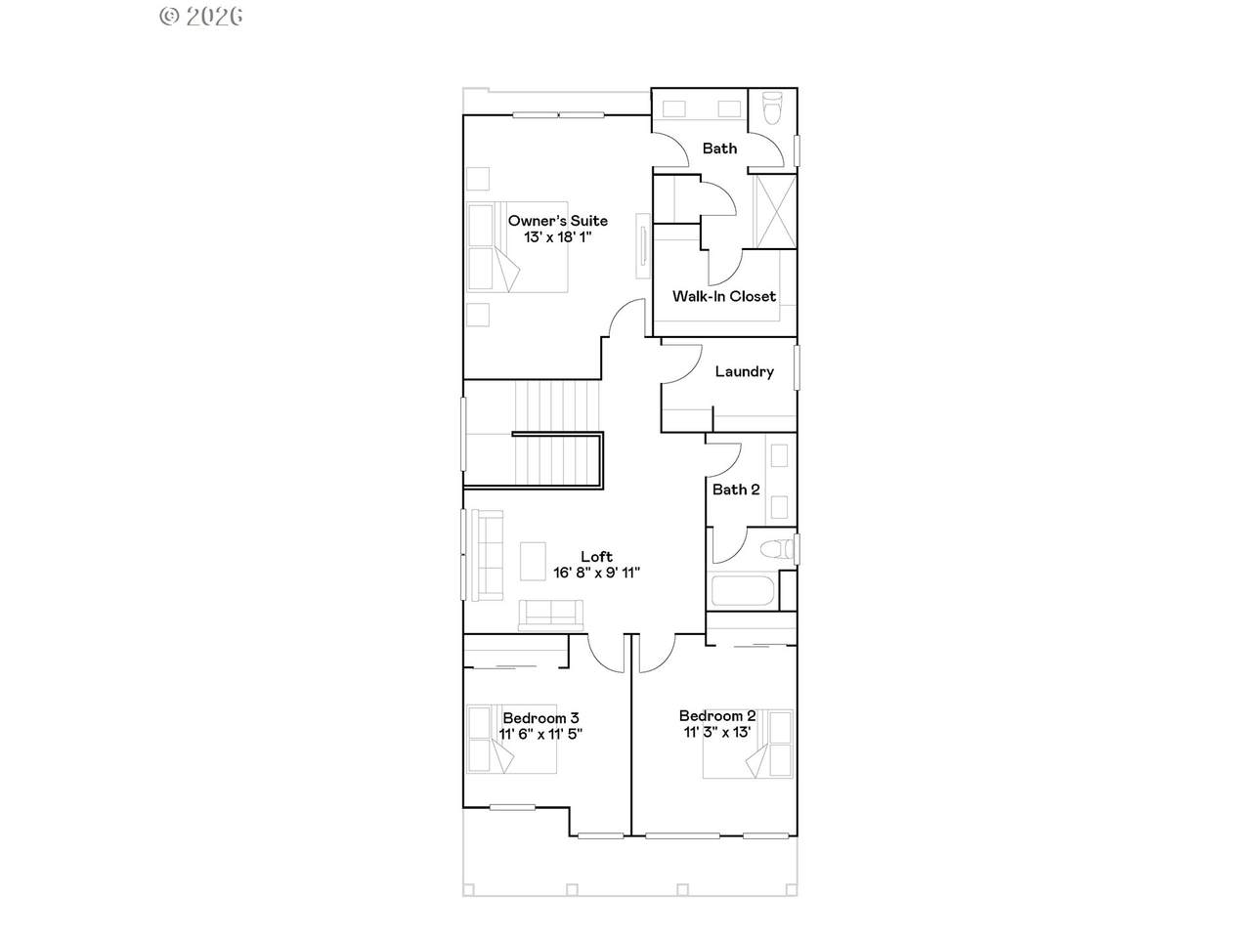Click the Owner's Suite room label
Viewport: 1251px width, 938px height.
[x=557, y=221]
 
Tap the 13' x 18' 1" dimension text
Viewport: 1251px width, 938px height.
[x=558, y=236]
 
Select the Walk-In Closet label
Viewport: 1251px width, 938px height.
[x=724, y=296]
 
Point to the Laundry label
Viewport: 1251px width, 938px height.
[x=745, y=372]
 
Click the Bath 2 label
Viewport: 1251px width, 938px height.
[x=736, y=490]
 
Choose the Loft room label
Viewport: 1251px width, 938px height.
[x=597, y=556]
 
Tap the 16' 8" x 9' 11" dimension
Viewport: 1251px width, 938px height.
[x=597, y=573]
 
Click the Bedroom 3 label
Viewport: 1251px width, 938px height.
[x=540, y=717]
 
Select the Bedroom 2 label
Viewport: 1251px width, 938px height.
[x=717, y=715]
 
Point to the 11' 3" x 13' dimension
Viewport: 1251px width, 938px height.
[x=717, y=732]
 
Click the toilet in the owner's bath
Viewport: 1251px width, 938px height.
[x=772, y=108]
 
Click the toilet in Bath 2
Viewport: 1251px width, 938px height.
[x=777, y=549]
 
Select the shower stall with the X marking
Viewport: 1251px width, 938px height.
[x=775, y=211]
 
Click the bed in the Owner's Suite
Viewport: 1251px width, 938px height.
[x=517, y=247]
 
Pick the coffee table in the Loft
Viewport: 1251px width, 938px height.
[x=533, y=561]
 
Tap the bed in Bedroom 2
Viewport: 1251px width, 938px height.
[x=748, y=744]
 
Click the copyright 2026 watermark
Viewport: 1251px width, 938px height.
[x=201, y=17]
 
